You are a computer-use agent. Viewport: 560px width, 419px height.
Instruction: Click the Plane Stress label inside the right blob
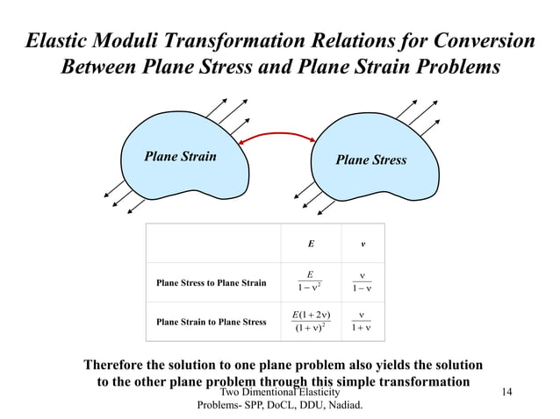[x=371, y=160]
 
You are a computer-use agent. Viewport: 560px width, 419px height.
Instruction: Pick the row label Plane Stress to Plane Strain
[x=211, y=283]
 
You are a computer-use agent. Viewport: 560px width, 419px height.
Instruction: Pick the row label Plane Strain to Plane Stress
[x=211, y=322]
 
